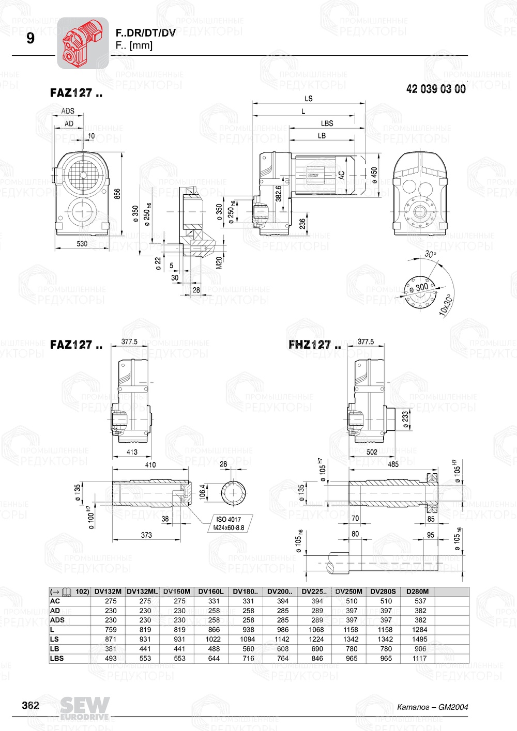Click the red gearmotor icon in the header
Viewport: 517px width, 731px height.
pos(82,42)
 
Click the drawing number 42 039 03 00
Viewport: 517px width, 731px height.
pos(436,89)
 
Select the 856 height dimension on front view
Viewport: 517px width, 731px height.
pos(117,194)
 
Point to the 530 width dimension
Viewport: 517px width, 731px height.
pos(82,244)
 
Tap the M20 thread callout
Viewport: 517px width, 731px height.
pos(219,262)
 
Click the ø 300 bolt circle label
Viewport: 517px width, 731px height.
pos(419,287)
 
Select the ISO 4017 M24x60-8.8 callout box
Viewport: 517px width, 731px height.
pos(229,523)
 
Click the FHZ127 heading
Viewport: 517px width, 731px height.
pos(314,345)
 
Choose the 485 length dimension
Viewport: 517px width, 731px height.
pos(393,464)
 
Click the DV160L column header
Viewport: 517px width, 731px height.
pos(211,592)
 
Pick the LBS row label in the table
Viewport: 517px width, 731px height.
pos(57,658)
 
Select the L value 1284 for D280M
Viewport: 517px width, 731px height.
pos(420,630)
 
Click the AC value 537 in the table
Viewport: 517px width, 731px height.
pos(420,601)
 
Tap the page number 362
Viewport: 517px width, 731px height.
pos(30,706)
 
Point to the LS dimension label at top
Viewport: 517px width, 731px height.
pos(309,98)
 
